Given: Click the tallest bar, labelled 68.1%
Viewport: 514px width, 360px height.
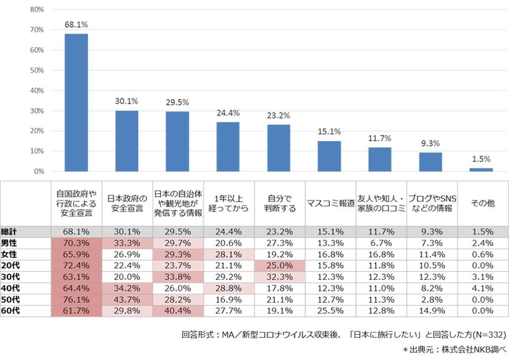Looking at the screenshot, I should (x=76, y=103).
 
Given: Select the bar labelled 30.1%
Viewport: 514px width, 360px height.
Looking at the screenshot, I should (x=127, y=141).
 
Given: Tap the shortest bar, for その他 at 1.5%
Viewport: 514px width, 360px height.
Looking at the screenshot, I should (x=481, y=170).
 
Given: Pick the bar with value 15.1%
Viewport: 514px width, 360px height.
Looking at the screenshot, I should (x=329, y=156).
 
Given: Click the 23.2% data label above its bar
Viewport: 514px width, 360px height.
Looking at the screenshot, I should (x=278, y=115).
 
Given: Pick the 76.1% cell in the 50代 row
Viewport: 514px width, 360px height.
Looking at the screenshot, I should (x=76, y=300).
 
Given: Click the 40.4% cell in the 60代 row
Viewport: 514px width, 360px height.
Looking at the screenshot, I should (x=178, y=311).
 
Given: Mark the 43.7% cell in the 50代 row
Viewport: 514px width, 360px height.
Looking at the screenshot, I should (x=127, y=300).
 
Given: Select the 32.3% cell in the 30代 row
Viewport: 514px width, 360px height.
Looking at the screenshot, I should (x=278, y=277).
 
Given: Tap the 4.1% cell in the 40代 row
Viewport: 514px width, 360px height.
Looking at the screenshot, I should (x=481, y=289).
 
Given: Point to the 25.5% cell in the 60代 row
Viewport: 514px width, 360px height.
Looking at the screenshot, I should (x=329, y=311).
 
